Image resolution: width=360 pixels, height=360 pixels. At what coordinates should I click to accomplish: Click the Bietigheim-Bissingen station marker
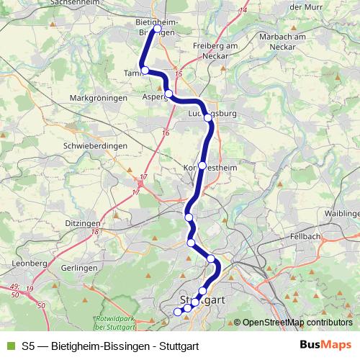click(x=157, y=29)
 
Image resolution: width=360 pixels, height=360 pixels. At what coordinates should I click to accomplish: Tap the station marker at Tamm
click(x=145, y=70)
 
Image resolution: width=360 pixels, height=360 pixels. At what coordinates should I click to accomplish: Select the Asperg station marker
click(x=168, y=94)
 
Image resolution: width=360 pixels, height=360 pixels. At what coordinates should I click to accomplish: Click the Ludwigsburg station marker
click(x=207, y=116)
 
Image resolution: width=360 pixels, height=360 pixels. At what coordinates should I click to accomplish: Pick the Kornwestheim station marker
click(x=202, y=165)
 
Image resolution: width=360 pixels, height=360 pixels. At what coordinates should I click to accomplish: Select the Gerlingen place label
click(x=79, y=267)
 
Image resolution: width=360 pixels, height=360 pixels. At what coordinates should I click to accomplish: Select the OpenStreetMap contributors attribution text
click(x=297, y=323)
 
